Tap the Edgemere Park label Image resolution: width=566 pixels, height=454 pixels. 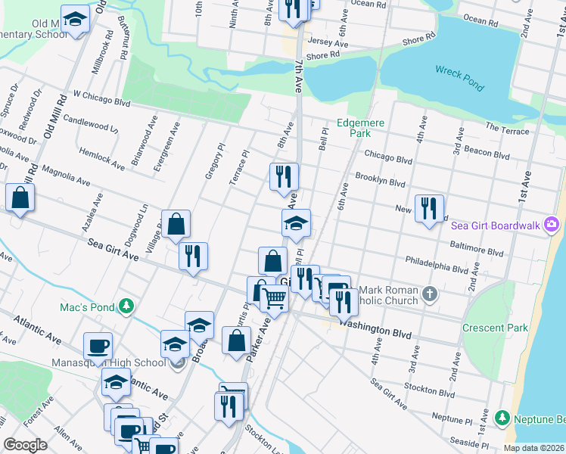pyautogui.click(x=361, y=128)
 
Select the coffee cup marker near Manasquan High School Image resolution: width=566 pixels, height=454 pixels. pyautogui.click(x=98, y=347)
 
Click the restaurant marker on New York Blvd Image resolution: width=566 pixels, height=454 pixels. pyautogui.click(x=429, y=207)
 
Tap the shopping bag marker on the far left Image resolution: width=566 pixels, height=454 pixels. pyautogui.click(x=20, y=198)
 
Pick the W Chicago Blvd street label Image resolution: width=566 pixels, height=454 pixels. pyautogui.click(x=101, y=98)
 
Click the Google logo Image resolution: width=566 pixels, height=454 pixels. pyautogui.click(x=25, y=445)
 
